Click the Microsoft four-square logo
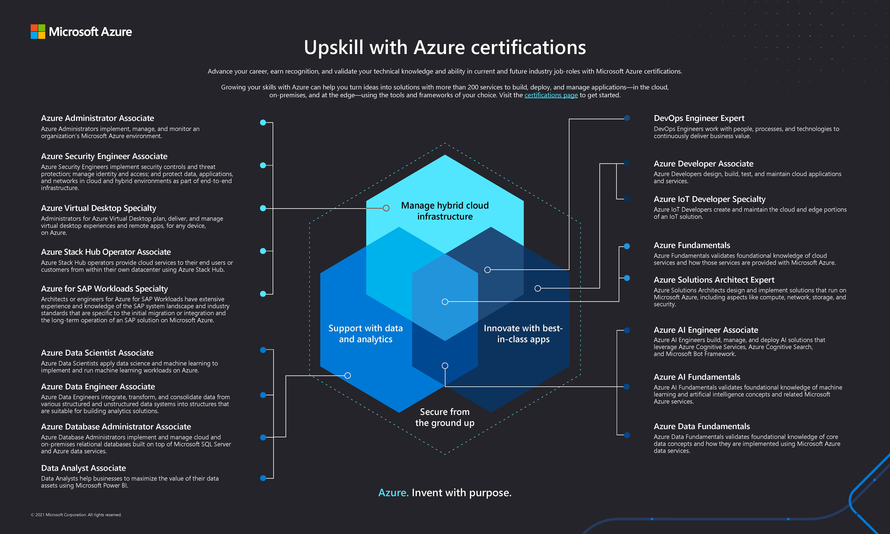pyautogui.click(x=38, y=32)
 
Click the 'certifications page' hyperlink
pyautogui.click(x=551, y=95)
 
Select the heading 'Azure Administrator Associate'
pyautogui.click(x=97, y=118)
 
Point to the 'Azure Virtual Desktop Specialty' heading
pyautogui.click(x=99, y=208)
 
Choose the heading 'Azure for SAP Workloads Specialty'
pyautogui.click(x=104, y=289)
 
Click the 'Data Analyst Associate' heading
pyautogui.click(x=84, y=468)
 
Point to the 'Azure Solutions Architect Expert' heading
pyautogui.click(x=714, y=280)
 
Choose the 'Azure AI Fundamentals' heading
pyautogui.click(x=697, y=377)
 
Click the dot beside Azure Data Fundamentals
pyautogui.click(x=627, y=435)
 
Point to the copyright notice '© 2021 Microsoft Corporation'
pyautogui.click(x=76, y=515)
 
